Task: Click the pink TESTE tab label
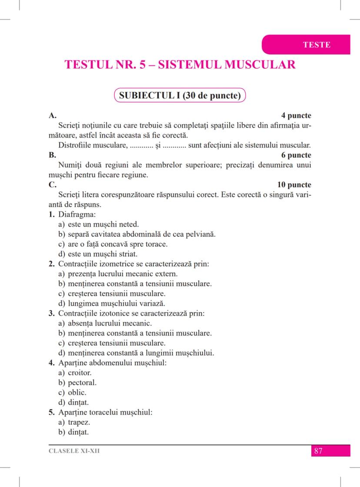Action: click(317, 45)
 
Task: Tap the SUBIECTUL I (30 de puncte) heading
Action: click(180, 95)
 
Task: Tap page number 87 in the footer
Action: click(318, 450)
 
